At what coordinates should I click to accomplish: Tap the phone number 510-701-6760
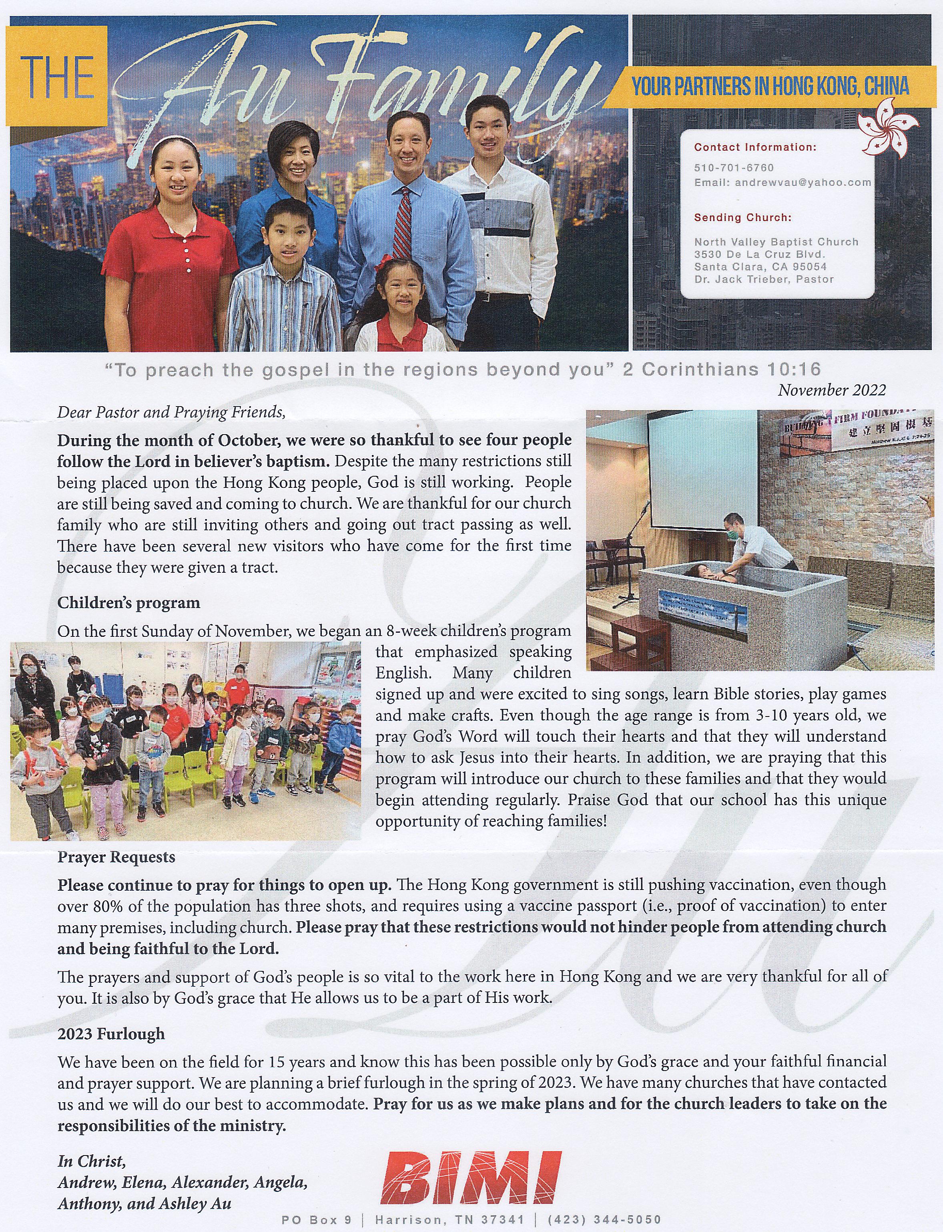tap(734, 168)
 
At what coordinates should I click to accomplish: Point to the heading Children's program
tap(128, 603)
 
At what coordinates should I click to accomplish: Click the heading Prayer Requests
tap(116, 858)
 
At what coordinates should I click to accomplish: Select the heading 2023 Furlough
tap(111, 1034)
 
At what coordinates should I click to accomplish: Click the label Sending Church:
tap(742, 218)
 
